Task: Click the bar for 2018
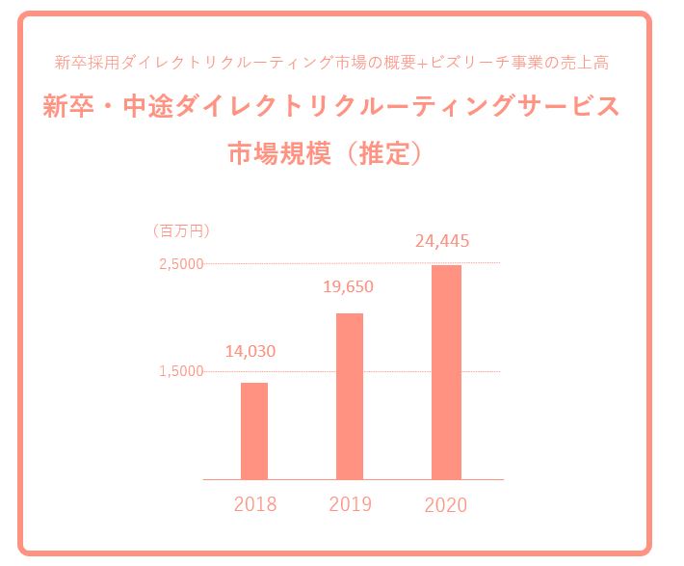click(x=254, y=430)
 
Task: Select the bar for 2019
click(x=350, y=395)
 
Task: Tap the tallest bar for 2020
click(x=446, y=371)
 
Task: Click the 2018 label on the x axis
click(x=255, y=504)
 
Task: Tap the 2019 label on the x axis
click(x=350, y=504)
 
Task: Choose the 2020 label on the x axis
click(x=445, y=504)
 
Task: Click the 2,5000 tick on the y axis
click(x=181, y=264)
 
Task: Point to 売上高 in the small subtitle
click(x=588, y=63)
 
